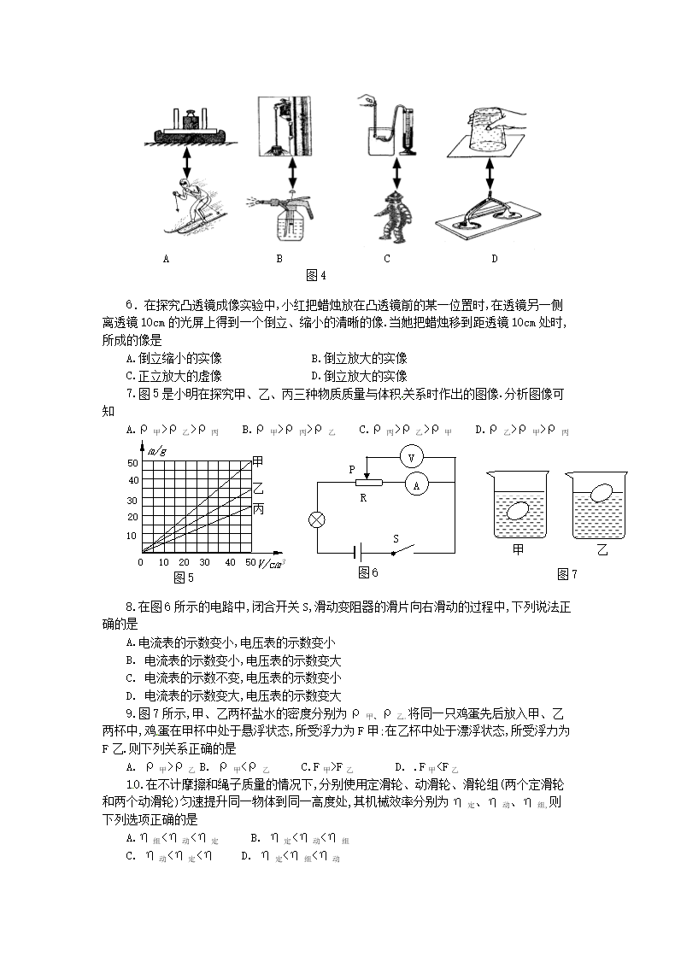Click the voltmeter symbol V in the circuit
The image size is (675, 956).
pyautogui.click(x=412, y=457)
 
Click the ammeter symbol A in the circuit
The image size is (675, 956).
pyautogui.click(x=416, y=484)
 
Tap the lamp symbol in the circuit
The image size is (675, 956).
pyautogui.click(x=318, y=519)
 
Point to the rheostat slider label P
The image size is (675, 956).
pyautogui.click(x=352, y=469)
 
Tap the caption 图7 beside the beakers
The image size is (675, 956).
pyautogui.click(x=566, y=574)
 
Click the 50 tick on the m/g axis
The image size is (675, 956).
pyautogui.click(x=132, y=462)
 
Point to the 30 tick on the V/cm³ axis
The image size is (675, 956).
pyautogui.click(x=204, y=562)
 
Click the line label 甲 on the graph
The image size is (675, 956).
pyautogui.click(x=259, y=461)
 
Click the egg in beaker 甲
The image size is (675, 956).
pyautogui.click(x=519, y=512)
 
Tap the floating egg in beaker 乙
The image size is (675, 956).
pyautogui.click(x=602, y=494)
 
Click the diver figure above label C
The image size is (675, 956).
pyautogui.click(x=396, y=215)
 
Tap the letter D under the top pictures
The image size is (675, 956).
pyautogui.click(x=494, y=258)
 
